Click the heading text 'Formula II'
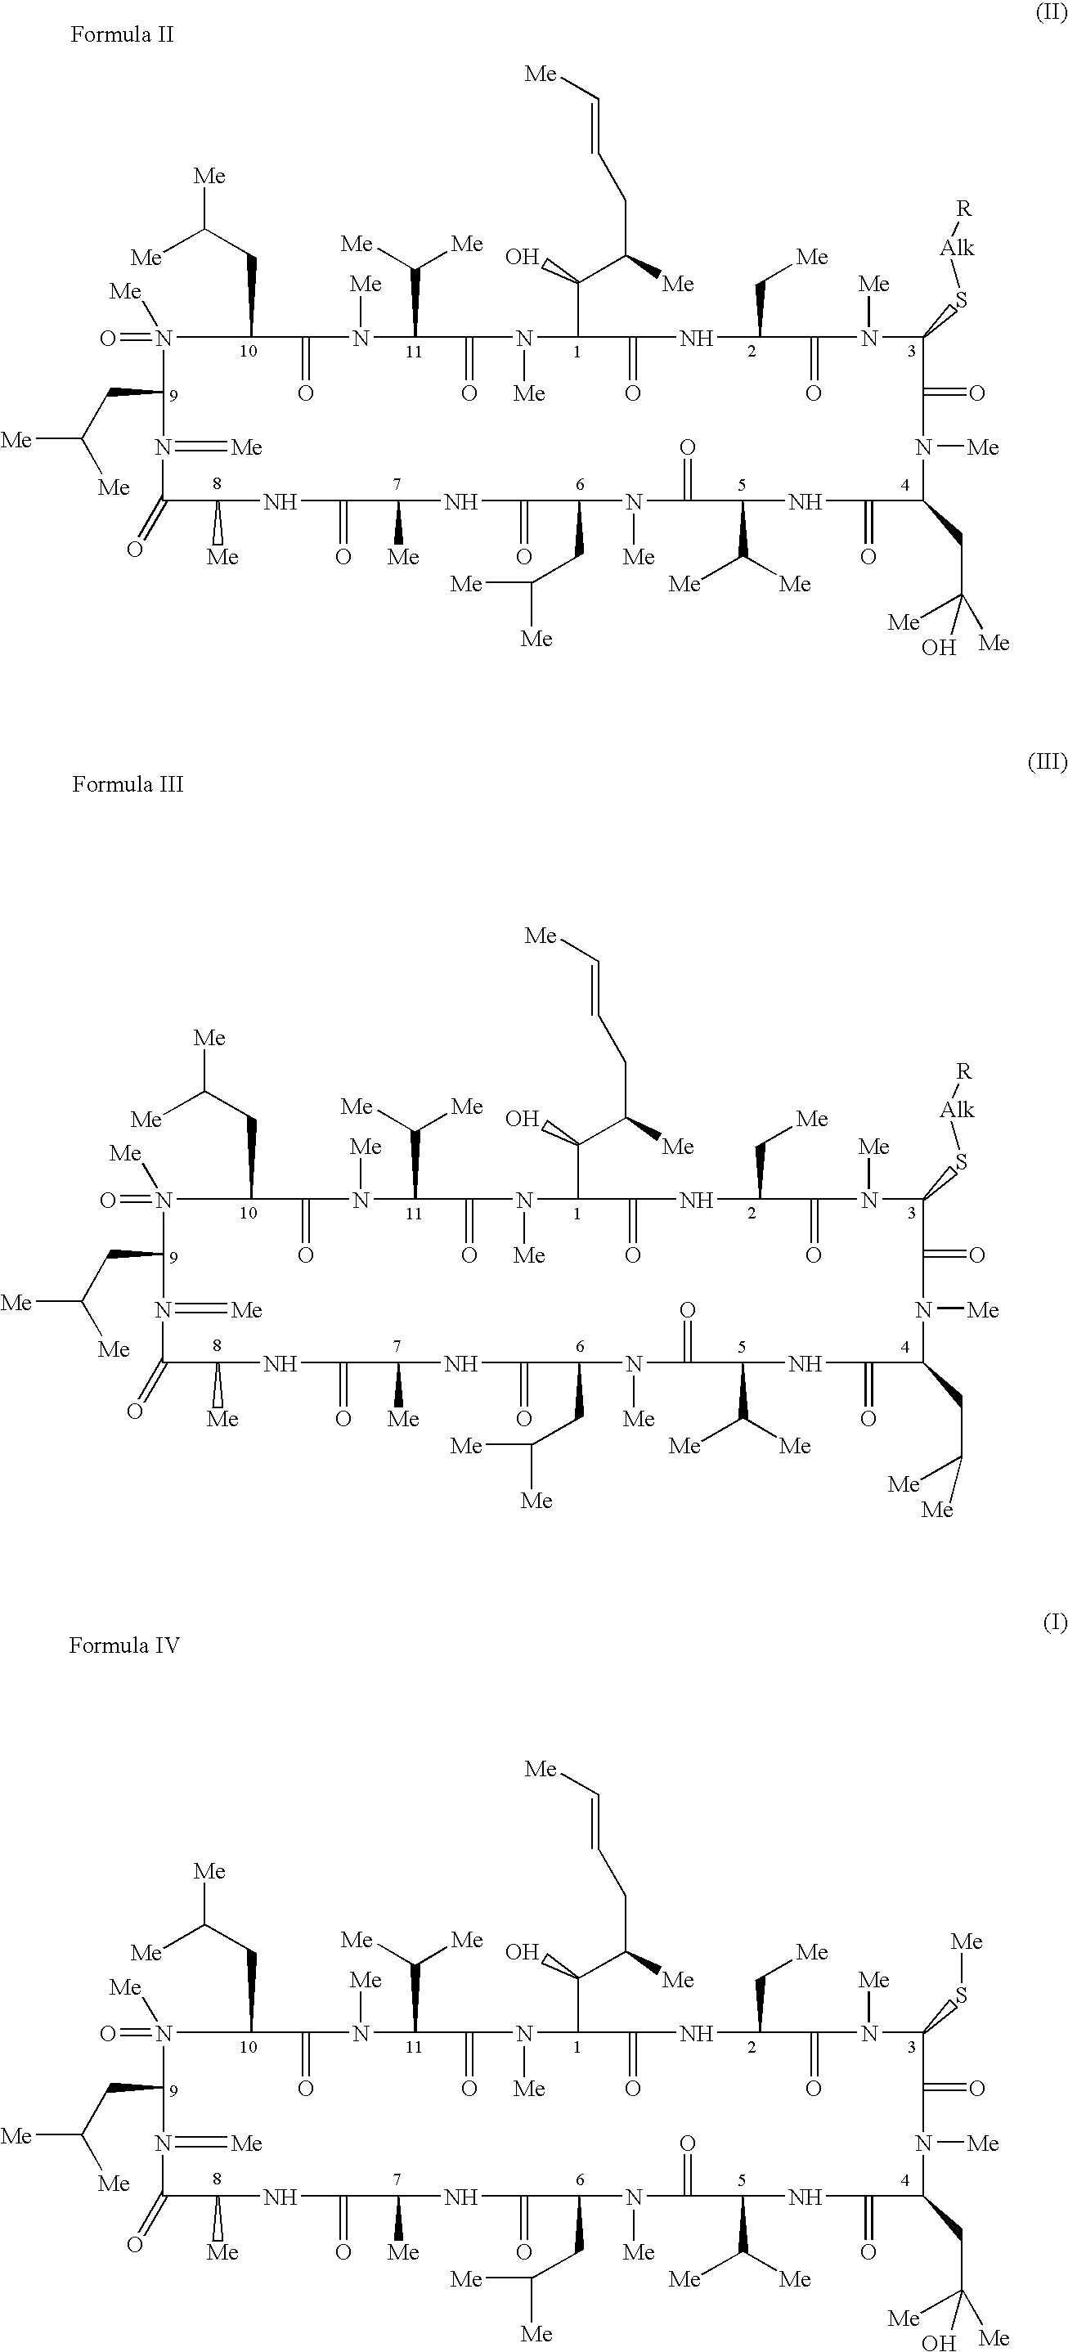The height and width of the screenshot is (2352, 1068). point(123,34)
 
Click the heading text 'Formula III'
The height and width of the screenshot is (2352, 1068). point(128,784)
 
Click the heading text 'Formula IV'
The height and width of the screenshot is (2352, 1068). point(124,1645)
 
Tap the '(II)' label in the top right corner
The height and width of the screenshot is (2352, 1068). point(1050,15)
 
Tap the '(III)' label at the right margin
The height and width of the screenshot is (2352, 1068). point(1047,762)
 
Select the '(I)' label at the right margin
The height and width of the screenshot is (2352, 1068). point(1054,1623)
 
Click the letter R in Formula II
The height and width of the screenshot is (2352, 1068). point(963,209)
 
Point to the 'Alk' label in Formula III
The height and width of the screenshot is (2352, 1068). point(958,1109)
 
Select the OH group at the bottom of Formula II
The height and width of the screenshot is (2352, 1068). point(938,649)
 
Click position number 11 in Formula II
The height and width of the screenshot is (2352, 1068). point(414,352)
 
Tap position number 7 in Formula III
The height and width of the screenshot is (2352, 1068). point(397,1346)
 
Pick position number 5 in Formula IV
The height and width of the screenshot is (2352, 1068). point(741,2179)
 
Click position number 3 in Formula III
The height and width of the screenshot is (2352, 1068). point(911,1214)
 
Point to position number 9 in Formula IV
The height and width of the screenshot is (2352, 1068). point(173,2091)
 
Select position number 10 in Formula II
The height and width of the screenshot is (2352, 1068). point(249,351)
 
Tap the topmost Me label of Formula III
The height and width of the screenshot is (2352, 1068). point(541,936)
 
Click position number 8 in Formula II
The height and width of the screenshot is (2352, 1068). point(218,484)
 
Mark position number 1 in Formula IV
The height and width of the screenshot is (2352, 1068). point(577,2047)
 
